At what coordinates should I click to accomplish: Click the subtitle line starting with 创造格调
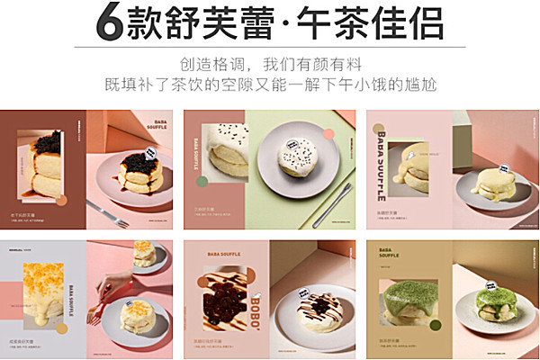pyautogui.click(x=269, y=65)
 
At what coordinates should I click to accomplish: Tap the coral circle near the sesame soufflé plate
pyautogui.click(x=328, y=135)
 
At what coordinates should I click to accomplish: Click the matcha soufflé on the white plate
pyautogui.click(x=491, y=301)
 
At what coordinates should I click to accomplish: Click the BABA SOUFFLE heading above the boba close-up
pyautogui.click(x=225, y=258)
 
